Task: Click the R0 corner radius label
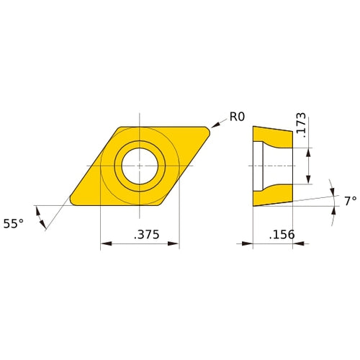tap(238, 117)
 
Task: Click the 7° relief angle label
tap(349, 202)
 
